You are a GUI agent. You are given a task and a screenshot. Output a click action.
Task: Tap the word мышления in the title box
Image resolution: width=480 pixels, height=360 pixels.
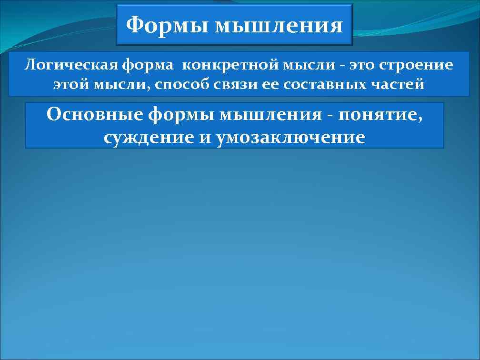coord(279,25)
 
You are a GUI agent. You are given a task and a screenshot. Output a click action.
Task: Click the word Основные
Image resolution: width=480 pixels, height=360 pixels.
coord(94,115)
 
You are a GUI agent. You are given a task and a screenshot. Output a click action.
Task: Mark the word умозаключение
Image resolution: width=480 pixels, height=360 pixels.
coord(290,137)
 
